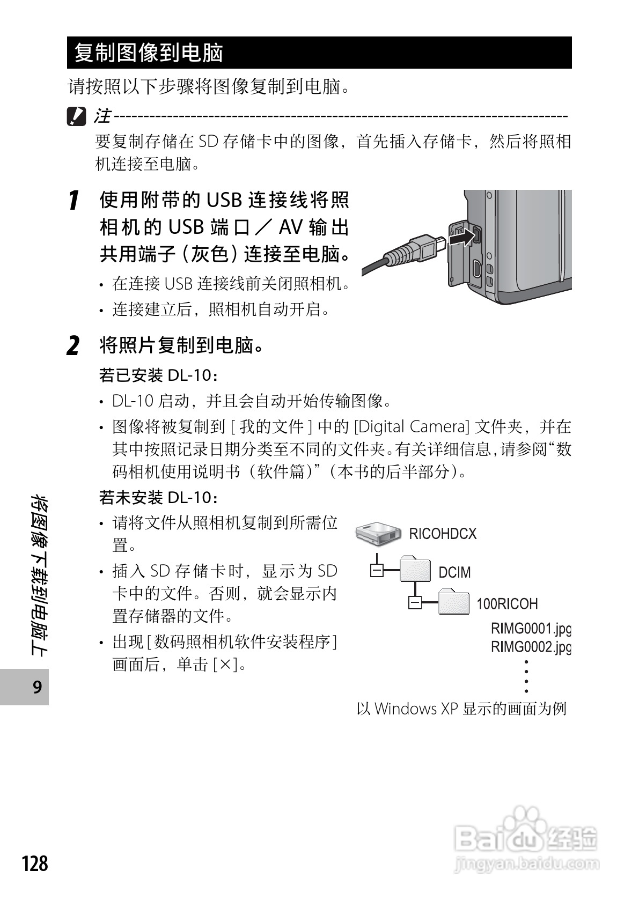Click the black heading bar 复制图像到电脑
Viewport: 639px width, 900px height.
coord(319,53)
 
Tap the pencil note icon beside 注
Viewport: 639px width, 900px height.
coord(76,116)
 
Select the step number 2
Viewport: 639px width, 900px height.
coord(74,345)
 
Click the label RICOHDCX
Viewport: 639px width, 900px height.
coord(443,534)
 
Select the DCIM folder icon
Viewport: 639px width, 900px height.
coord(416,570)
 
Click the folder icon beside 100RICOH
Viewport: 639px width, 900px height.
coord(454,602)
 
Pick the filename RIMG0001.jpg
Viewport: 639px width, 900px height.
coord(531,628)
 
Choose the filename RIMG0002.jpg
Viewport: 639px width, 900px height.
coord(531,647)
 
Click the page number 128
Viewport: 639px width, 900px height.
coord(35,864)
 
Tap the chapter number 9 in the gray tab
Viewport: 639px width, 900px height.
coord(37,687)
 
